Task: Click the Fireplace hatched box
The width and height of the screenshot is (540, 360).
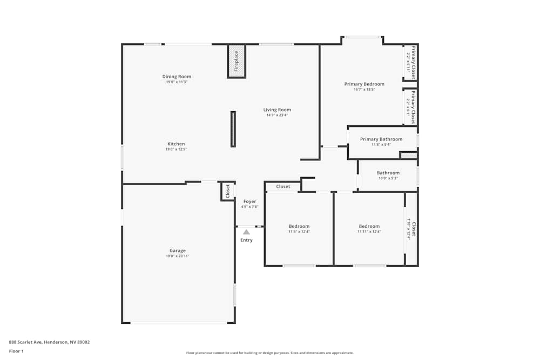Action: [x=237, y=62]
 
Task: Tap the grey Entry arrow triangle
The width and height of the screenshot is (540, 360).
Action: [x=246, y=232]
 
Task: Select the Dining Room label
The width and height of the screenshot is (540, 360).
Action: [x=177, y=77]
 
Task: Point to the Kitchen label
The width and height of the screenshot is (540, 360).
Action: [x=176, y=144]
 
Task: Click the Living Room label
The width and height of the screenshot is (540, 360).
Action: [x=277, y=110]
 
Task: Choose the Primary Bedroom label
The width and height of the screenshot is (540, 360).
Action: [x=364, y=84]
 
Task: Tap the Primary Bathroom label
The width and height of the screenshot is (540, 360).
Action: [x=381, y=139]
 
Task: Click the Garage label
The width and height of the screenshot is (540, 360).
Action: [x=178, y=250]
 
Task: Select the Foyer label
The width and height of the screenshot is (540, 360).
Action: [x=249, y=201]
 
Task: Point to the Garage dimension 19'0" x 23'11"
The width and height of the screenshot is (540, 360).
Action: [x=178, y=256]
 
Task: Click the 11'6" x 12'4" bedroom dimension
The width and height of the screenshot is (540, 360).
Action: [x=299, y=232]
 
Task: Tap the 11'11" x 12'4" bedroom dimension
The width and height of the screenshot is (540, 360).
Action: [x=369, y=232]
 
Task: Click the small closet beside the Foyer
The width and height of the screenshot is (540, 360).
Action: [x=227, y=191]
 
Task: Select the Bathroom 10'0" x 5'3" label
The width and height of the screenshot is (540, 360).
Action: [x=388, y=173]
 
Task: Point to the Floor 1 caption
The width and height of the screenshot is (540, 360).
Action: [x=16, y=351]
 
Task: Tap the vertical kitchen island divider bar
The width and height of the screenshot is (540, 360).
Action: [x=233, y=129]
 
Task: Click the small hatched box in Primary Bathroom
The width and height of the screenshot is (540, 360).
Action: [x=408, y=155]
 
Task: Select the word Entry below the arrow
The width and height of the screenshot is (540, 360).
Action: [x=246, y=240]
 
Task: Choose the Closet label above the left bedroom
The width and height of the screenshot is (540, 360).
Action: [x=283, y=187]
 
